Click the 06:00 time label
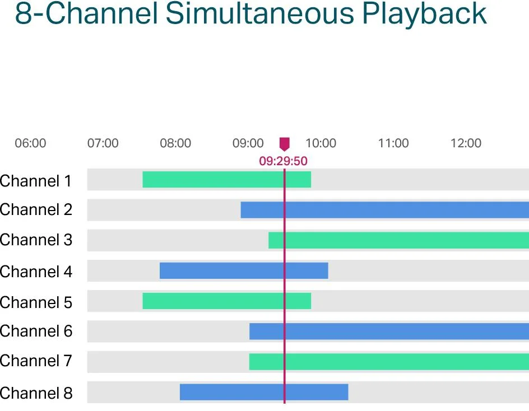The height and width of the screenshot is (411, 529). [30, 143]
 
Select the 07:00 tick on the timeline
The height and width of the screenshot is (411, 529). [103, 143]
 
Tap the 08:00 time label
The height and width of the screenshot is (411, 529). [175, 143]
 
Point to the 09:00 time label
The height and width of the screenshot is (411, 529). [248, 143]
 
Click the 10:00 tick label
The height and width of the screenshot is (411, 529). [321, 143]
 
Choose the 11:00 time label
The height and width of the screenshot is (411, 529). [393, 143]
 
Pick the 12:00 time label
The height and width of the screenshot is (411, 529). [466, 143]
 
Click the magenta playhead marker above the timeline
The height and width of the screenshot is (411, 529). [285, 144]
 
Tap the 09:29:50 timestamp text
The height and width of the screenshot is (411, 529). [283, 161]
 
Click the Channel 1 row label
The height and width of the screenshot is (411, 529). [36, 181]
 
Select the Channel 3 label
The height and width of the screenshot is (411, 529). [36, 240]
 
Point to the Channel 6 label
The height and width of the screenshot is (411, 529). [36, 331]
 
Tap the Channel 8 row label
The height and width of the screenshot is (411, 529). [36, 393]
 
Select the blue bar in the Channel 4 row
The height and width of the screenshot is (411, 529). [244, 270]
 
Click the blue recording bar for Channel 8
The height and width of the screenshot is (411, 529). [264, 392]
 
